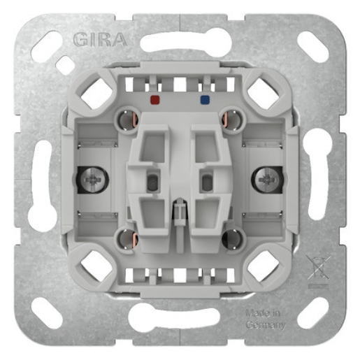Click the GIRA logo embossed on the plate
(101, 39)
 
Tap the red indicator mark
(154, 100)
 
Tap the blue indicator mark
(204, 100)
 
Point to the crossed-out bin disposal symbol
(317, 267)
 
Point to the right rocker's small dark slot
(207, 183)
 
